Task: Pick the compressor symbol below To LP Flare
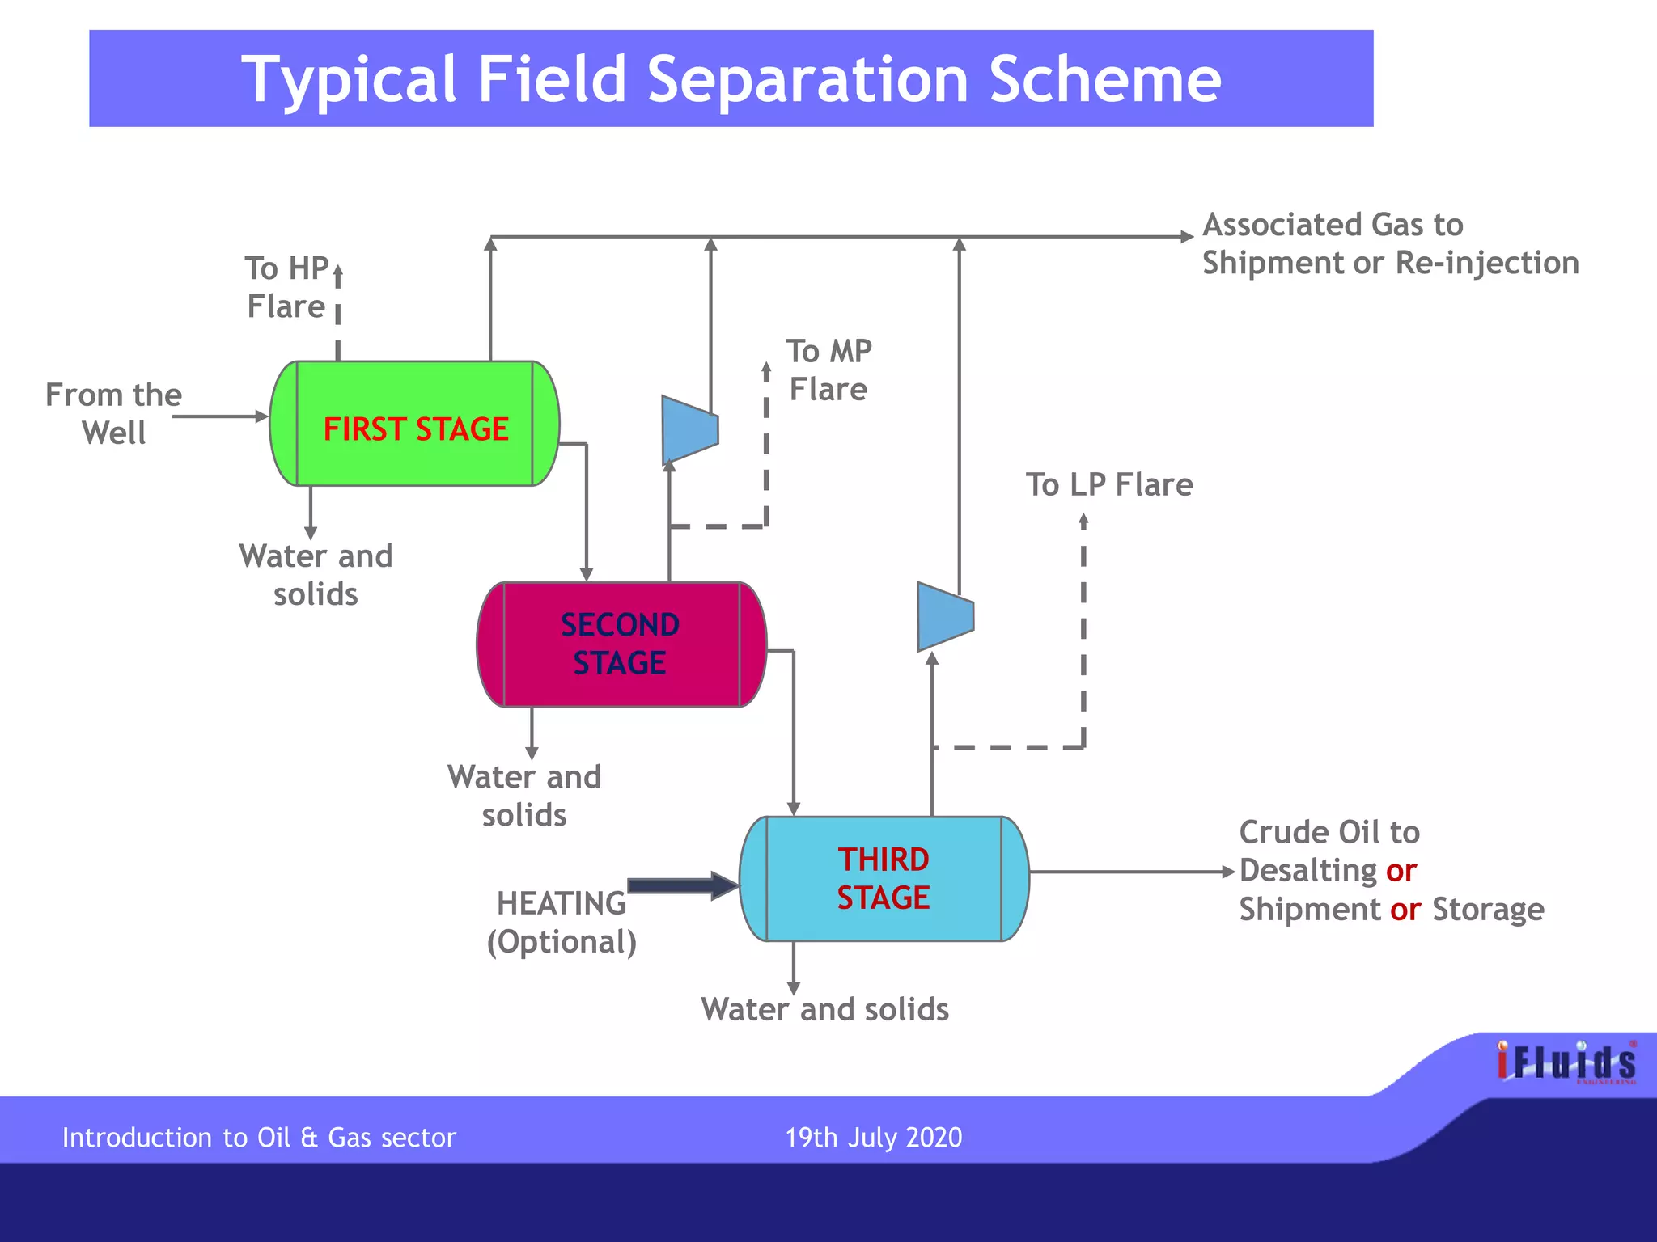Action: click(x=945, y=616)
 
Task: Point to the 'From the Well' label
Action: click(x=113, y=413)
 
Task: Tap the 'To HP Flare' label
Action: click(x=287, y=287)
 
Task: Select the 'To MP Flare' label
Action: click(x=829, y=370)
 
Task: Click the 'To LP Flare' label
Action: click(x=1109, y=485)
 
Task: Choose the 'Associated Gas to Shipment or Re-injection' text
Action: click(x=1389, y=243)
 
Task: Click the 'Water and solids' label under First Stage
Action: click(x=316, y=575)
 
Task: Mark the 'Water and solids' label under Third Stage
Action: click(x=824, y=1009)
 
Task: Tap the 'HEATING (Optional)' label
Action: click(x=562, y=923)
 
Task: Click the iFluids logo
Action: click(x=1566, y=1062)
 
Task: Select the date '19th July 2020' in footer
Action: click(x=873, y=1138)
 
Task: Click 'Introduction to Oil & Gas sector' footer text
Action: click(x=259, y=1138)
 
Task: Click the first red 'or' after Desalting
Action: click(x=1401, y=871)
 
